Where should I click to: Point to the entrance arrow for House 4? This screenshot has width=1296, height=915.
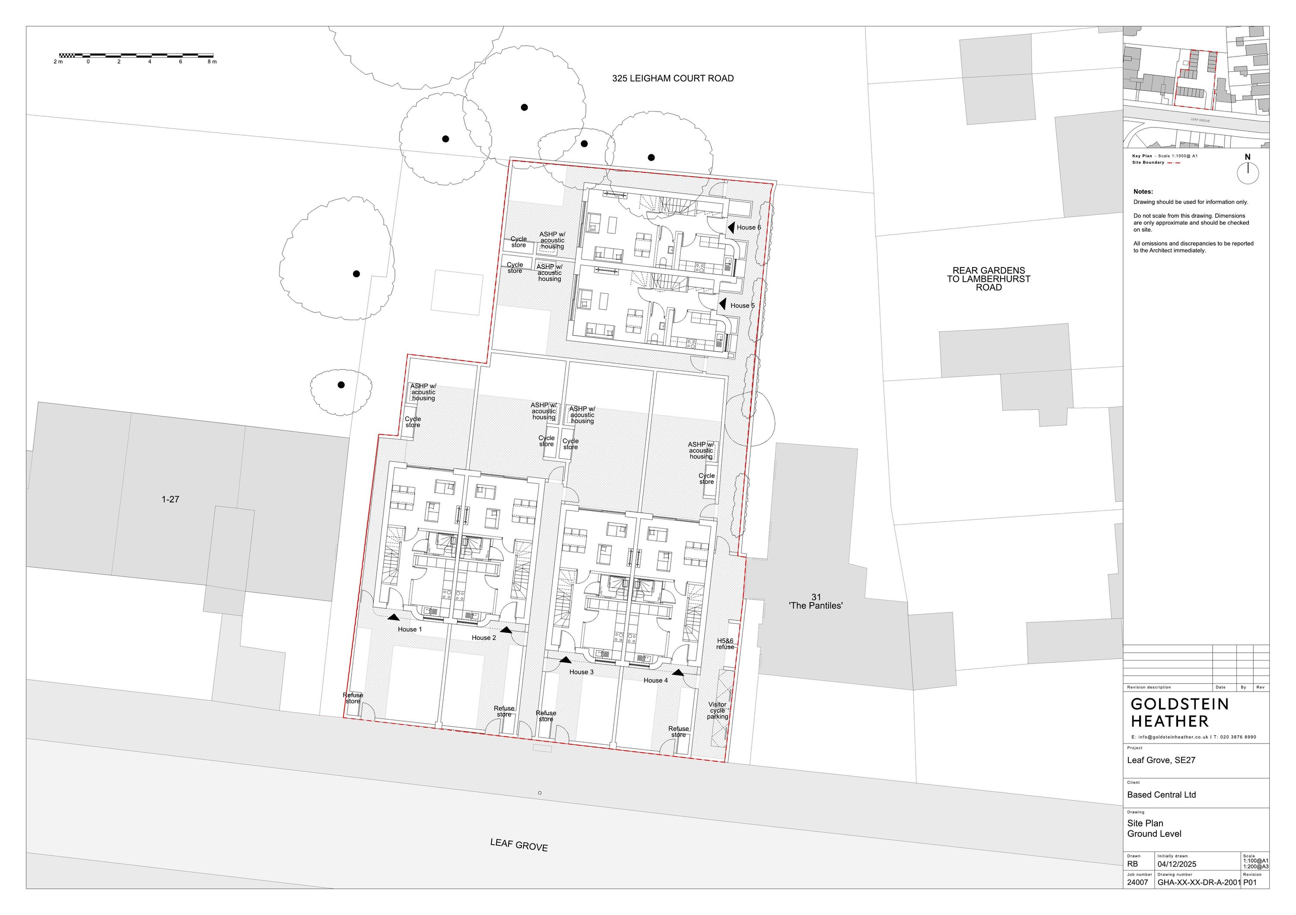click(678, 672)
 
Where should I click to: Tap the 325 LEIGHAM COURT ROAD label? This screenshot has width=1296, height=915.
click(673, 79)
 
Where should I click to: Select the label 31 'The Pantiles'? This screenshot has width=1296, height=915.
click(816, 601)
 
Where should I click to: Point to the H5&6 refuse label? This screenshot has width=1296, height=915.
click(725, 644)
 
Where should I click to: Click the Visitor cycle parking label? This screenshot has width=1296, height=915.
click(718, 711)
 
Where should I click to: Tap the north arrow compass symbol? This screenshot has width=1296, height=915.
click(1248, 172)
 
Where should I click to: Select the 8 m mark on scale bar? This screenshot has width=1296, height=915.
click(211, 61)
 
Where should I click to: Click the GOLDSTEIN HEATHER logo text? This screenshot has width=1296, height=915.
click(1179, 713)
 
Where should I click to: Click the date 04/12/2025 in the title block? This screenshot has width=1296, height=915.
click(1176, 864)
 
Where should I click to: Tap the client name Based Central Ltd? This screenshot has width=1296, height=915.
click(1161, 795)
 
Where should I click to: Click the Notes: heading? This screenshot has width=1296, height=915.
click(1143, 192)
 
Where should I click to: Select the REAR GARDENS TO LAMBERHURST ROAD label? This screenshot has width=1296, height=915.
click(988, 279)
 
